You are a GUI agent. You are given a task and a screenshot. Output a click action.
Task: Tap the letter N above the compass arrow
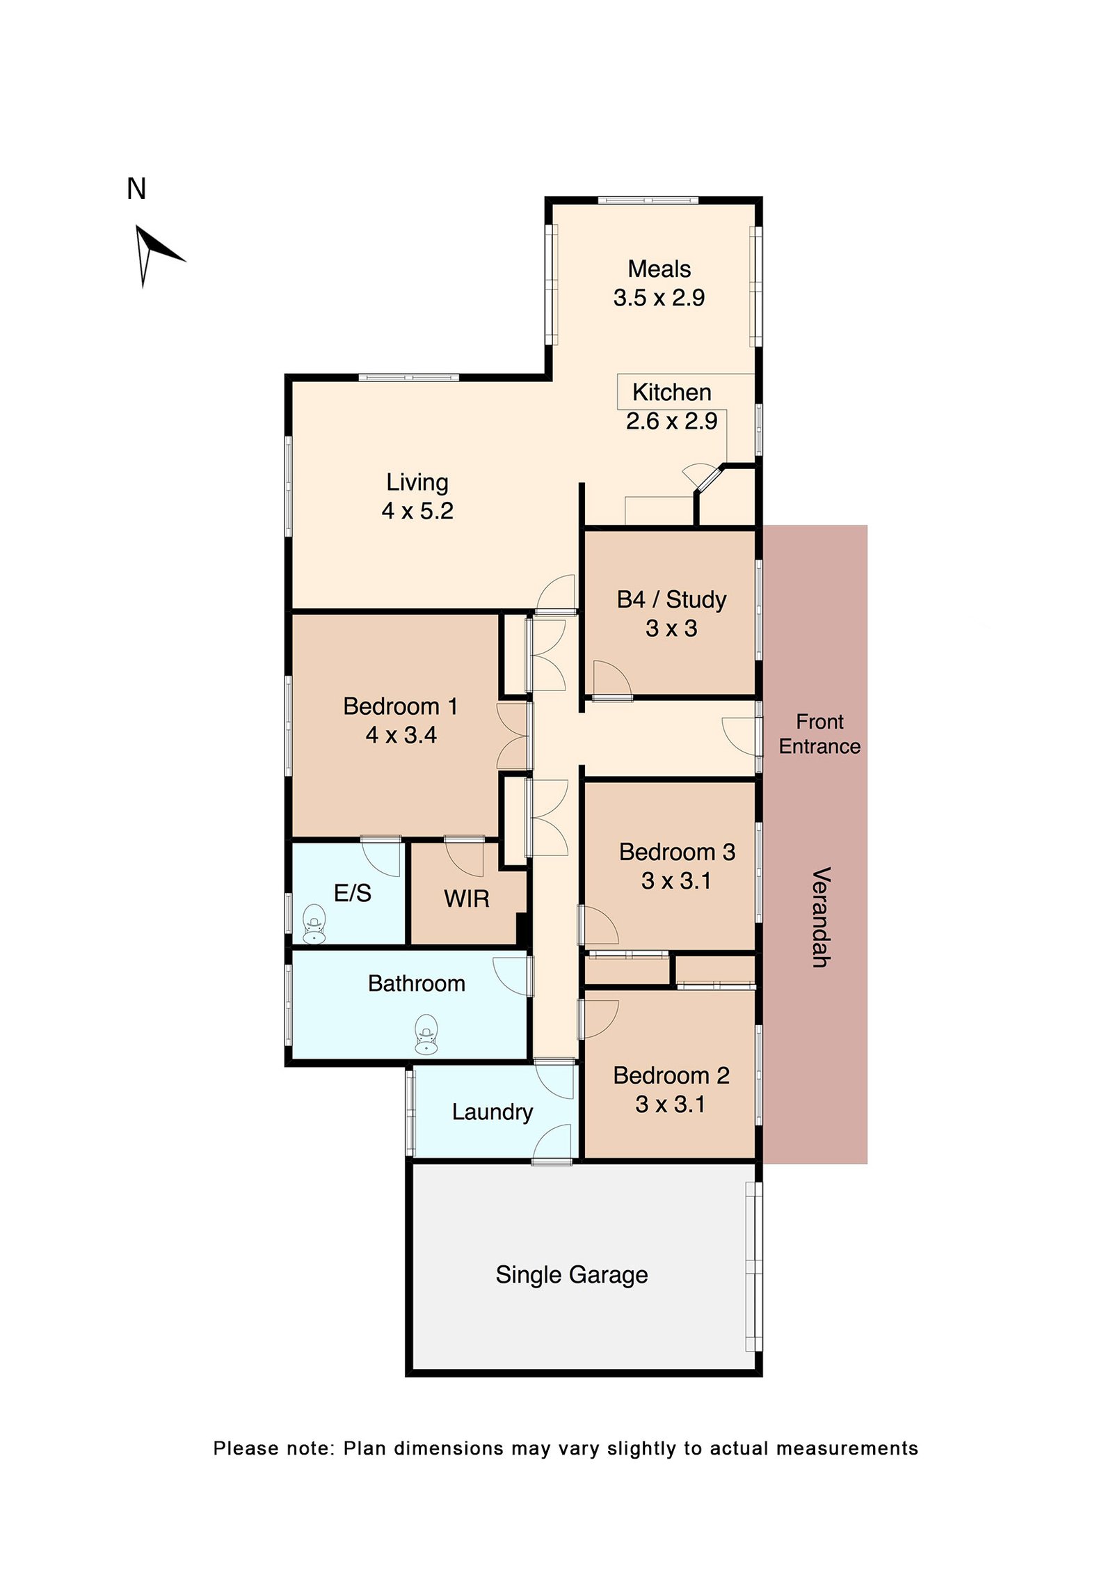coord(136,189)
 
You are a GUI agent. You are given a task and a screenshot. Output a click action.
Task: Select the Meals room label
coord(659,269)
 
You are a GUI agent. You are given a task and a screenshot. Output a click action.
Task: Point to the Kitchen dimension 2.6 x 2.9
coord(671,421)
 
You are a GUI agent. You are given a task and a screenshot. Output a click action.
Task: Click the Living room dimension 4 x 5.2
coord(417,511)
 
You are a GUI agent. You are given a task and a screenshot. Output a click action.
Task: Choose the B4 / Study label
coord(671,599)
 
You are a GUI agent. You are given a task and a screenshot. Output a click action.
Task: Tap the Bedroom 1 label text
coord(401,706)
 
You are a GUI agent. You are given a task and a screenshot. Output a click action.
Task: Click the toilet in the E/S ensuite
coord(314,924)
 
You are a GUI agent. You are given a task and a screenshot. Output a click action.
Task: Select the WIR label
coord(466,899)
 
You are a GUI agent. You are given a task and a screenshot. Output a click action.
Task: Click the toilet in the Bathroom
coord(426,1034)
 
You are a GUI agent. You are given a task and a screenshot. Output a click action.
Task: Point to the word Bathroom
coord(416,983)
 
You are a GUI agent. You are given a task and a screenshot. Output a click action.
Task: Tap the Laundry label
coord(492,1112)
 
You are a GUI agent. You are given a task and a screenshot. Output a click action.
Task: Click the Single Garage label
coord(572,1274)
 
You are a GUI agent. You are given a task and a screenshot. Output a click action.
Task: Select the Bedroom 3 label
coord(677,852)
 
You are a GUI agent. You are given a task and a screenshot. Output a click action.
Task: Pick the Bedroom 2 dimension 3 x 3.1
coord(670,1105)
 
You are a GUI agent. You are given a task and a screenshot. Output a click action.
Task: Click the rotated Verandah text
coord(822,917)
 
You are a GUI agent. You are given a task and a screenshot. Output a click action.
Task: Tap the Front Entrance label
coord(819,734)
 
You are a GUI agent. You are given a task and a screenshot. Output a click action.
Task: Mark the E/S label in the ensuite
coord(352,893)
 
